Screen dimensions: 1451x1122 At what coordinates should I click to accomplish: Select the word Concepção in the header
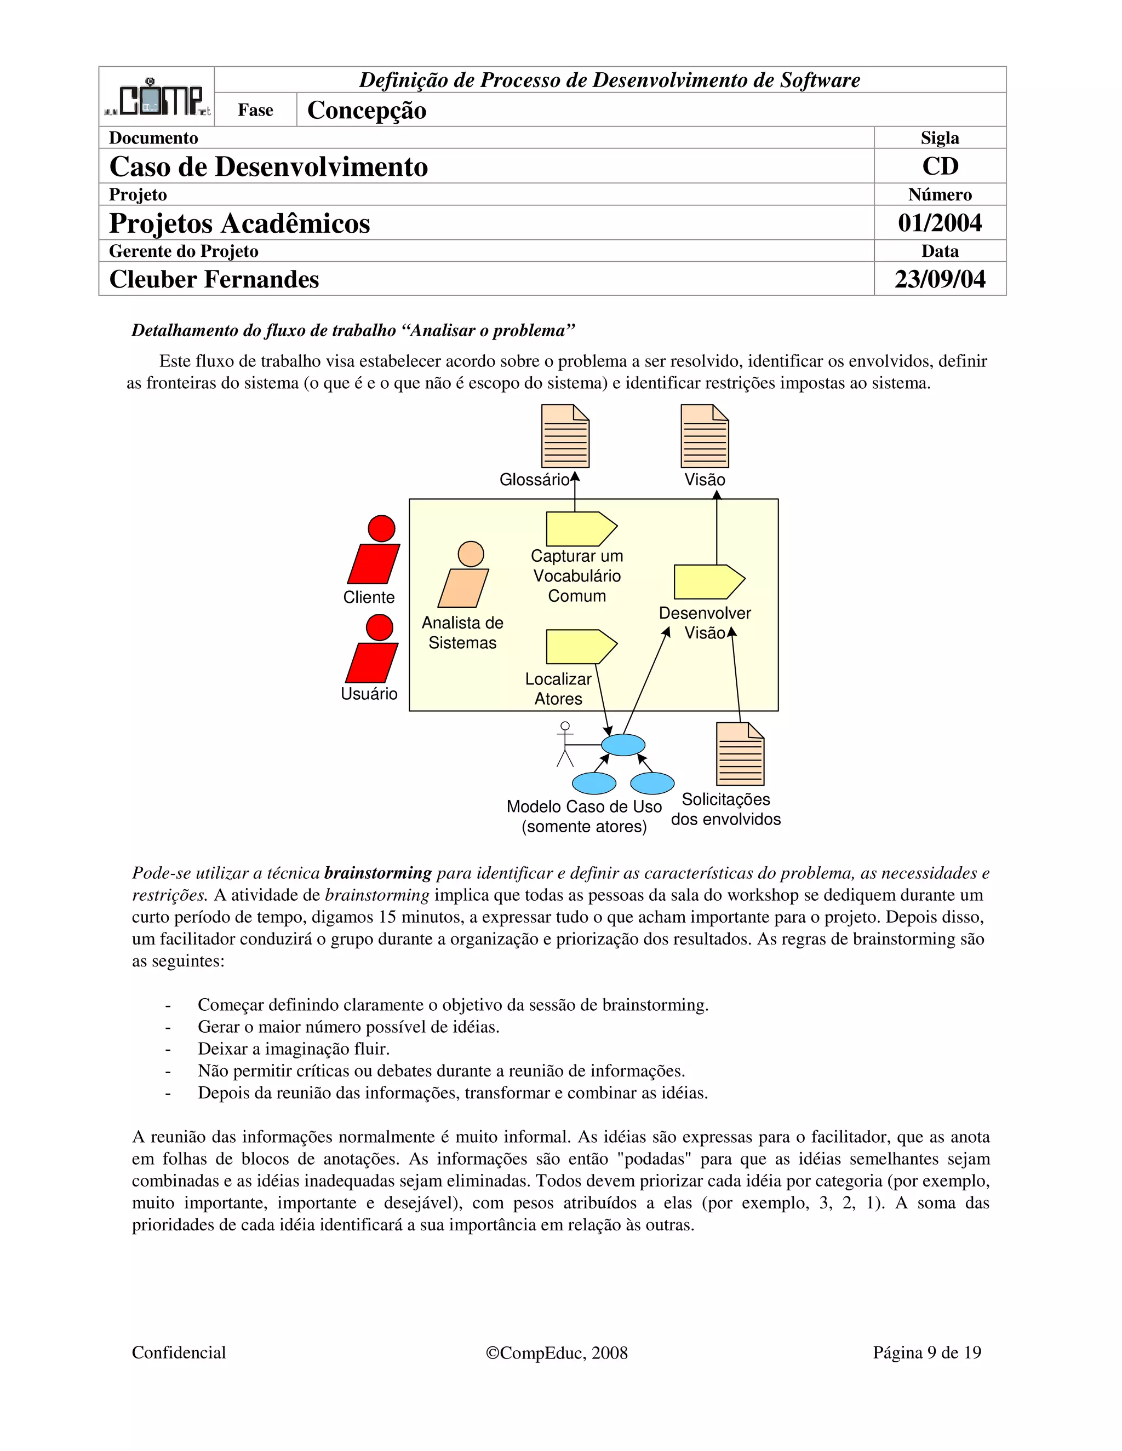click(x=367, y=110)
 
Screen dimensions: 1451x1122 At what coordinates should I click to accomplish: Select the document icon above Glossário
click(x=565, y=436)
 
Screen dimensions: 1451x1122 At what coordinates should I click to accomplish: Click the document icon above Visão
click(x=705, y=436)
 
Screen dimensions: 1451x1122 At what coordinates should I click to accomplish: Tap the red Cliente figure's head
click(x=381, y=529)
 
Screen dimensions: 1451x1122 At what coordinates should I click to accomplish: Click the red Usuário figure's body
click(x=372, y=663)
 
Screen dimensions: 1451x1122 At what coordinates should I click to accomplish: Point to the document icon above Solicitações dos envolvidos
click(x=740, y=754)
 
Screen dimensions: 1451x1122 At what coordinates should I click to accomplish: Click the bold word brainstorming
click(x=377, y=873)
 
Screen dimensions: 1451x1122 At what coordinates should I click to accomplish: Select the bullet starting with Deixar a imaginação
click(x=293, y=1049)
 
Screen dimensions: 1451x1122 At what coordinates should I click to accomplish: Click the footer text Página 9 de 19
click(x=926, y=1352)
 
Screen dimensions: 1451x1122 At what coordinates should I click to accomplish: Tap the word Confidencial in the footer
click(x=179, y=1352)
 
